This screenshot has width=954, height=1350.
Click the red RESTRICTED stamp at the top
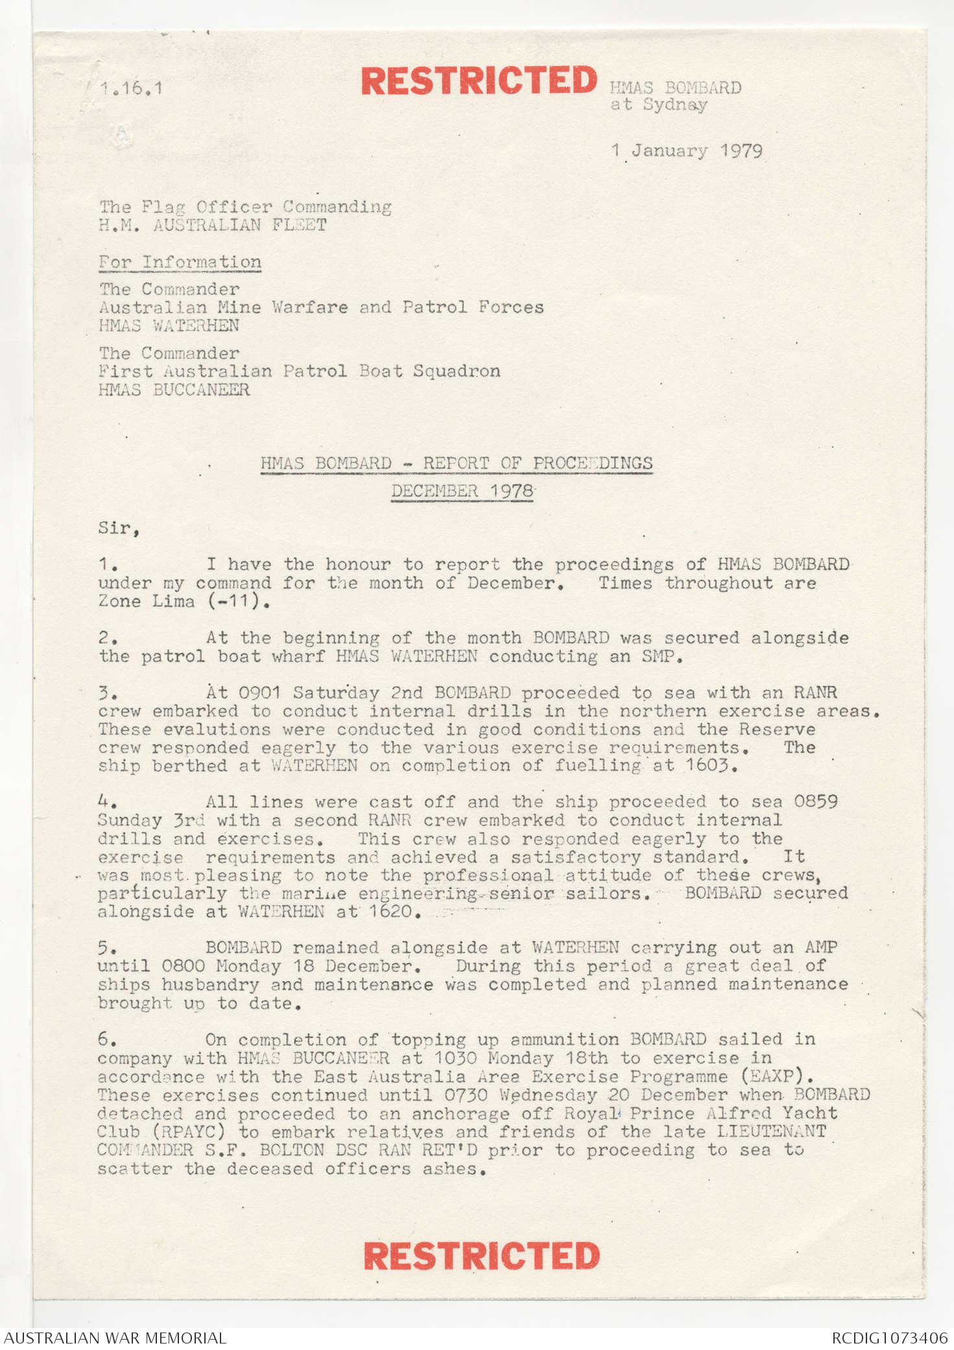tap(479, 81)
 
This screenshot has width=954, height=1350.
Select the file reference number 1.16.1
tap(131, 88)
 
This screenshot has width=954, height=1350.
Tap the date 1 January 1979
tap(687, 151)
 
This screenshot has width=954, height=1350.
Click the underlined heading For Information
tap(180, 262)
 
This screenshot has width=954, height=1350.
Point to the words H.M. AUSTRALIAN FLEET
tap(213, 225)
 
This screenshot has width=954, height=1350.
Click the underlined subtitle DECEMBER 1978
tap(462, 491)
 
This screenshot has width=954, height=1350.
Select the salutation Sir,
tap(119, 528)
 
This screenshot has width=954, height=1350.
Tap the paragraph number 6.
tap(107, 1039)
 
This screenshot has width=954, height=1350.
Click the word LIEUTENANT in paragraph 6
tap(771, 1131)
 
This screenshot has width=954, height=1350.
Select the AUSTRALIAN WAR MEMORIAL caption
tap(115, 1338)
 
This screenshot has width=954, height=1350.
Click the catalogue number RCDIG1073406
tap(890, 1338)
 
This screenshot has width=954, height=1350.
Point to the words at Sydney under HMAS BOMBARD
tap(658, 105)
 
